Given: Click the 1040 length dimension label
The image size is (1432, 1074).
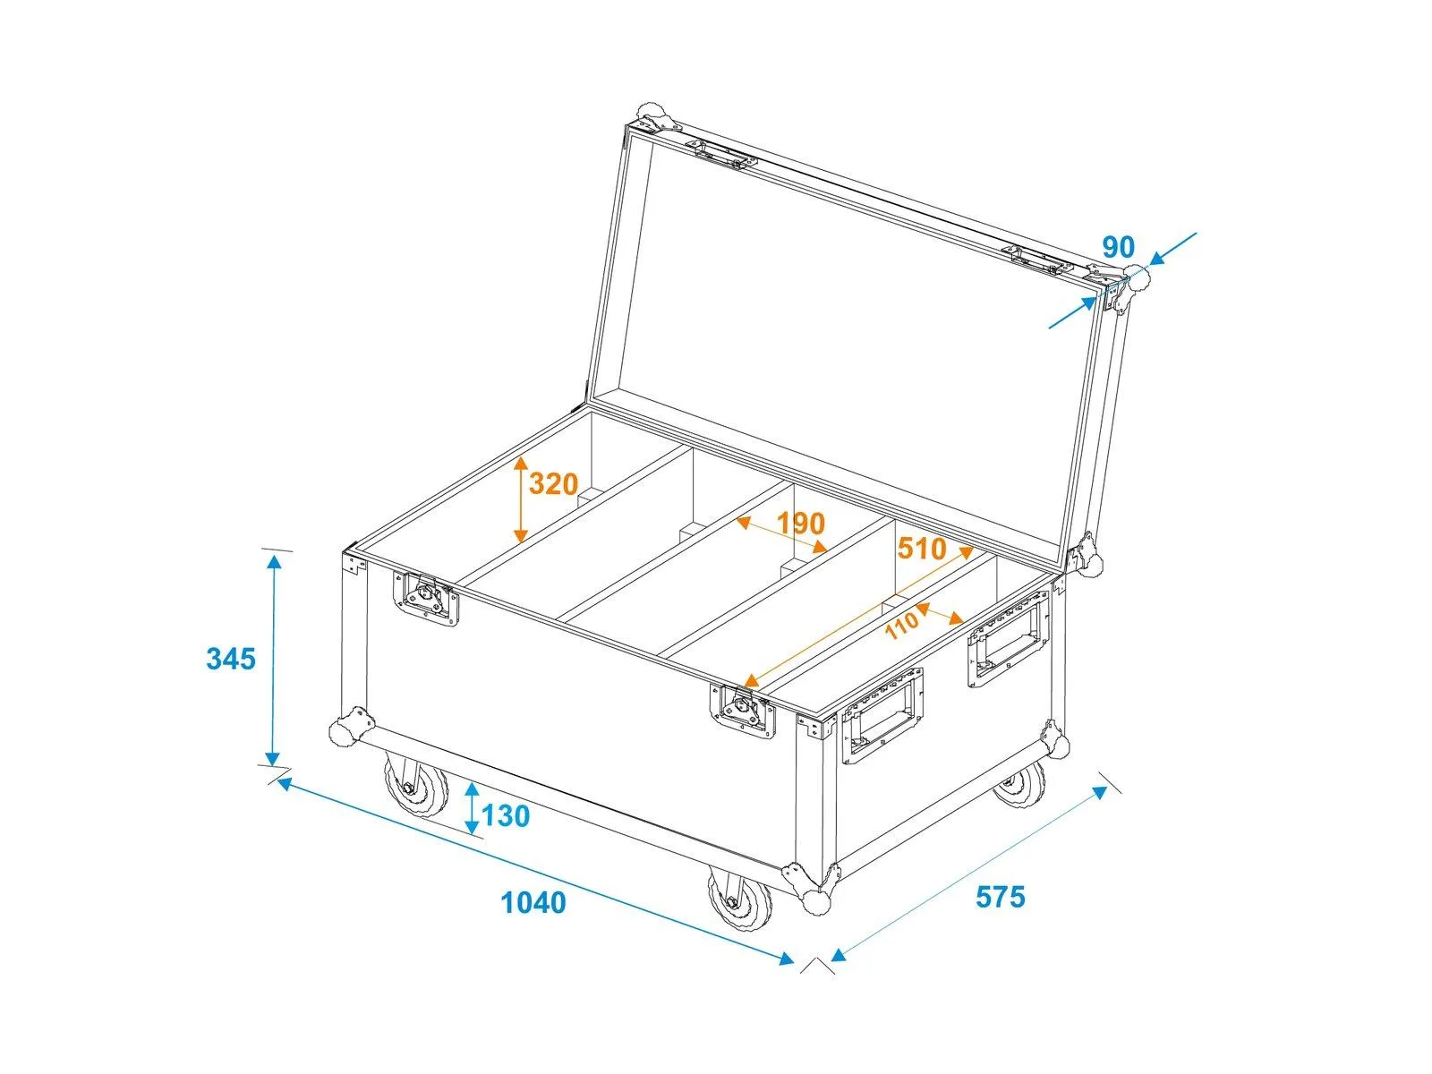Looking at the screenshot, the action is pos(533,902).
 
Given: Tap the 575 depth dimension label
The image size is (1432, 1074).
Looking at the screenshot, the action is pos(1000,897).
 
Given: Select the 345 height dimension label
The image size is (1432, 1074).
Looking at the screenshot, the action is pos(231,659).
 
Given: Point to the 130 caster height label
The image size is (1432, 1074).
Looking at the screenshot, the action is pos(506,815).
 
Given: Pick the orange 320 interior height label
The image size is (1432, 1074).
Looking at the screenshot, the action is pos(553,484).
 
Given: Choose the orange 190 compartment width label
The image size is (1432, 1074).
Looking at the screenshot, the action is pos(800,523).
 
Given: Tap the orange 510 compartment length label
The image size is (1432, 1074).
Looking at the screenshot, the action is pos(921,549).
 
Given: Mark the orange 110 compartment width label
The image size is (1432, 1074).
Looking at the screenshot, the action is pos(902,626).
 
